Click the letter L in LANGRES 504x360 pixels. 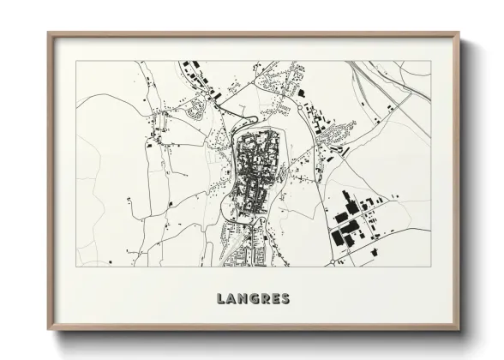click(222, 299)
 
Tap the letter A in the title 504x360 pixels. click(233, 299)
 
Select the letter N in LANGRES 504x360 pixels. click(244, 299)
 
